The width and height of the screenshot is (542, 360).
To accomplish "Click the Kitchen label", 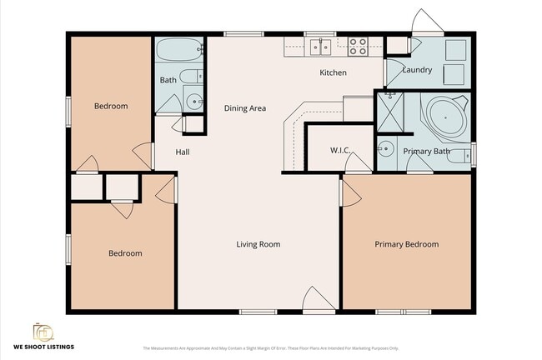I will [333, 72].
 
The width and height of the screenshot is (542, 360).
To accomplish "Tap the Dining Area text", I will [244, 108].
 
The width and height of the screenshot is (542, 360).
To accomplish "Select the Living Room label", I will [258, 244].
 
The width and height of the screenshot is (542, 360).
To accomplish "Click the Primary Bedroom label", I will [406, 244].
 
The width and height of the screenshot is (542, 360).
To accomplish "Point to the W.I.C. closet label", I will [339, 151].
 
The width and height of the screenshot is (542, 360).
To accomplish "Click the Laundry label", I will [417, 70].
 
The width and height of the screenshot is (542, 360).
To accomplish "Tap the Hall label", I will [183, 152].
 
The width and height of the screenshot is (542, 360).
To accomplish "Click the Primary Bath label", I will [426, 152].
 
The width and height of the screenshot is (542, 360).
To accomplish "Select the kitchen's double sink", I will [320, 47].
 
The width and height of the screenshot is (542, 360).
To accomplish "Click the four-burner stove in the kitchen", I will [358, 47].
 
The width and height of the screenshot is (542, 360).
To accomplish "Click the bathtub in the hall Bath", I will [179, 50].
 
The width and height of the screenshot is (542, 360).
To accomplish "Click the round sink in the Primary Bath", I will [385, 150].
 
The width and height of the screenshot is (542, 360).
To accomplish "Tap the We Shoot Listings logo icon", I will [43, 332].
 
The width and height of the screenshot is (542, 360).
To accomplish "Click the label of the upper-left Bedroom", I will [110, 106].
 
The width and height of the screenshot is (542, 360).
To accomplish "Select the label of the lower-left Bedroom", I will [125, 253].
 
